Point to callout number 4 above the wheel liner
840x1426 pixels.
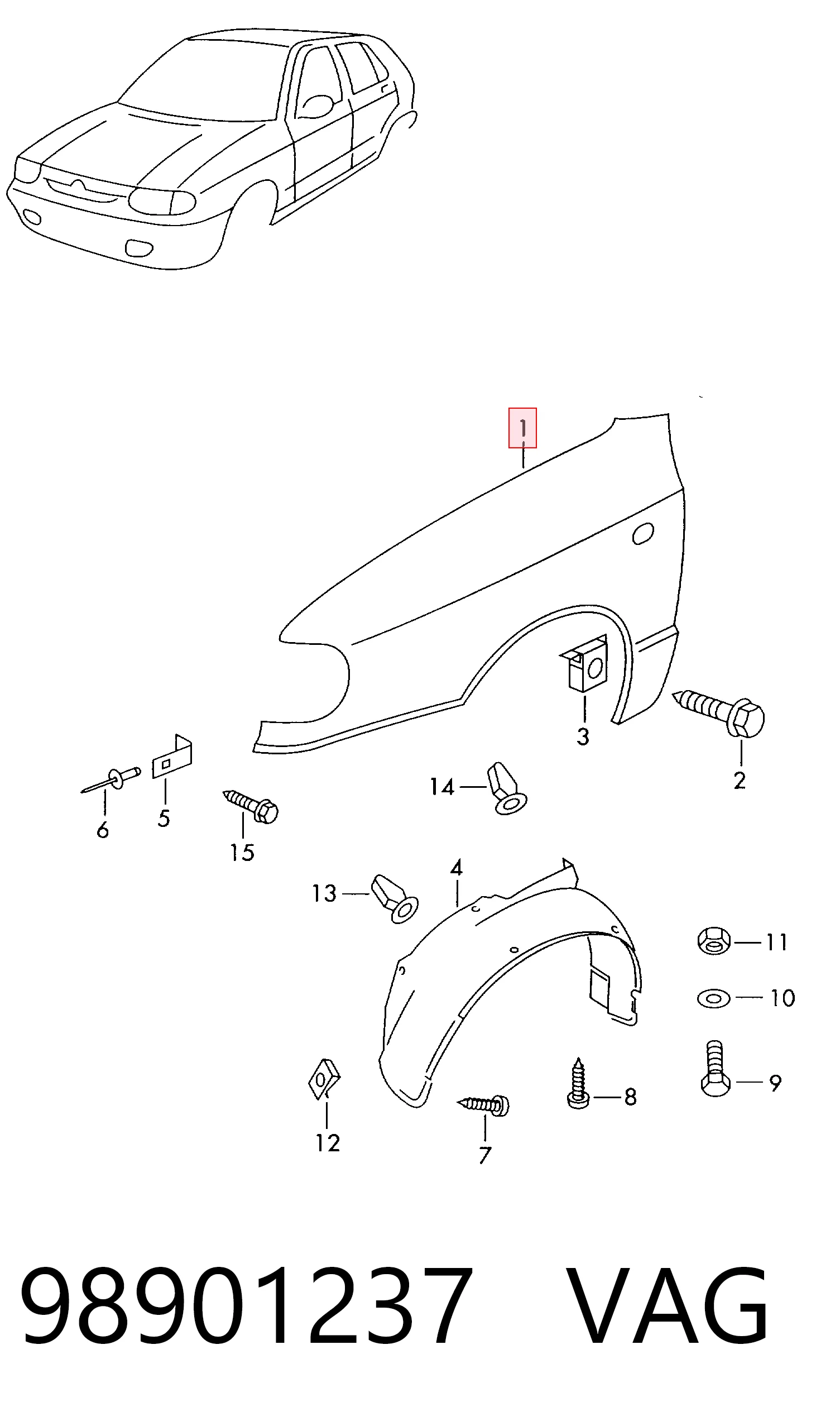coord(456,868)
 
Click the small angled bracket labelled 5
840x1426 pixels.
coord(172,757)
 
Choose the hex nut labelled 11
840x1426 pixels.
coord(714,941)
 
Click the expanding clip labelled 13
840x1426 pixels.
coord(395,898)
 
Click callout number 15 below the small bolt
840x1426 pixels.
coord(242,853)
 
